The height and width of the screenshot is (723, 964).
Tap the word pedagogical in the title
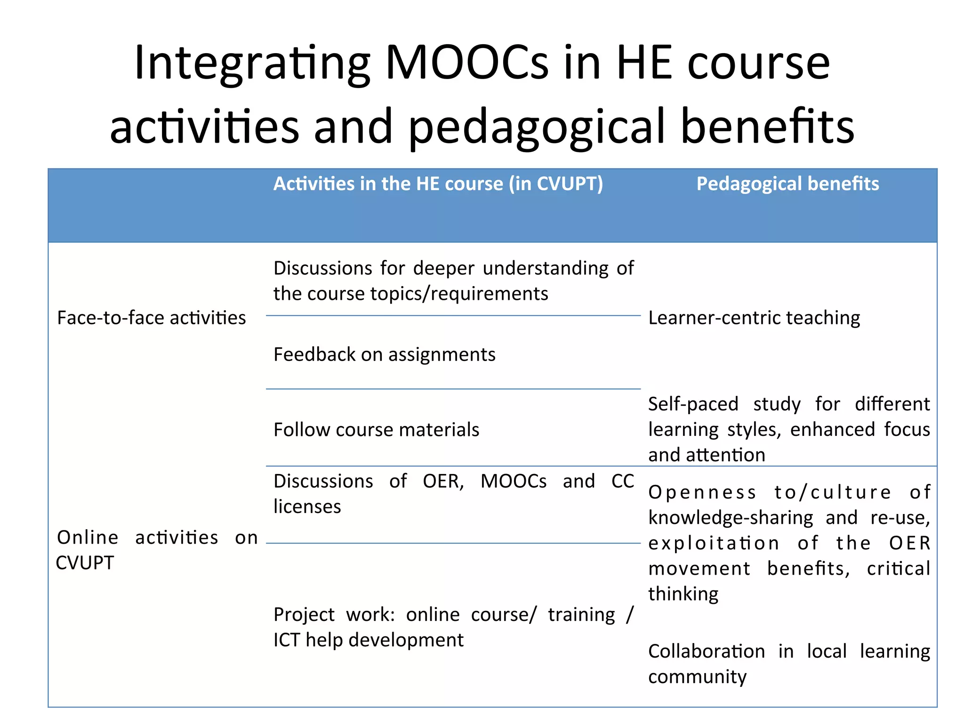[537, 127]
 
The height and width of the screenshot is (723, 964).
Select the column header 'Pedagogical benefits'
[787, 184]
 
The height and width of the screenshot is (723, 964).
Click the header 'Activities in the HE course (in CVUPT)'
[438, 184]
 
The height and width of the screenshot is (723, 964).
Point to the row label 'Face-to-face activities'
[151, 318]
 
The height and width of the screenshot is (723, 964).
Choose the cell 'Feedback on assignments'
[384, 354]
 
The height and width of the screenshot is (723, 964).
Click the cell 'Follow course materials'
[376, 430]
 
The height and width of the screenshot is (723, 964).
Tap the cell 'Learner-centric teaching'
[754, 318]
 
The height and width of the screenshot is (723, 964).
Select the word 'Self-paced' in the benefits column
[693, 404]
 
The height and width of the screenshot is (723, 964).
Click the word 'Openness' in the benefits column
[702, 492]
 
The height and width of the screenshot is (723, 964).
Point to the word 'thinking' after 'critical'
[683, 594]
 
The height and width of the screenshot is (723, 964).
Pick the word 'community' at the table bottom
[697, 677]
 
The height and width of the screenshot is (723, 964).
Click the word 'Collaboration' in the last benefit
[706, 651]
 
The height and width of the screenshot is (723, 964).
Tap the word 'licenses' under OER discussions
[307, 506]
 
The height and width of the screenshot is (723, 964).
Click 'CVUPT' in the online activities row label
[85, 563]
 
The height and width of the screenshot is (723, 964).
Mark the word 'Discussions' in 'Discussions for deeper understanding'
[323, 268]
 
